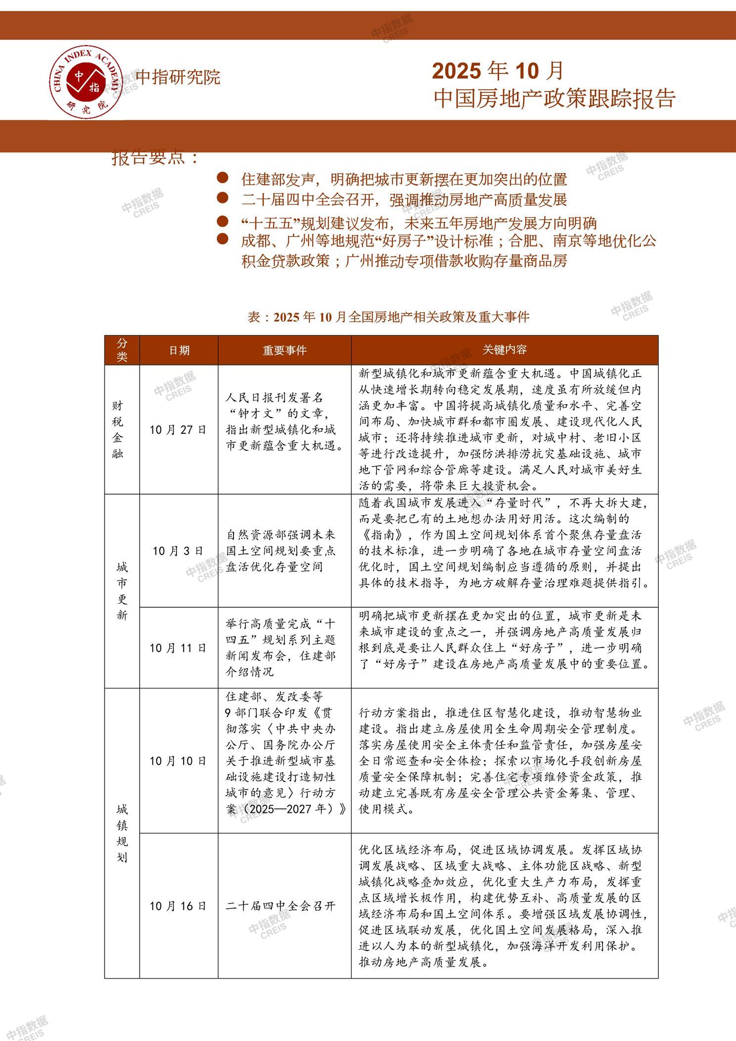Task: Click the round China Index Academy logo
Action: [x=87, y=83]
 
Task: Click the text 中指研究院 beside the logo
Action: [x=178, y=77]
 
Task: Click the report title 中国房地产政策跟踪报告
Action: [x=554, y=98]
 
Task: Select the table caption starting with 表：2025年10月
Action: [x=388, y=317]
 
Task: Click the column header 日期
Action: [x=179, y=350]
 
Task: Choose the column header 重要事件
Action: [x=285, y=350]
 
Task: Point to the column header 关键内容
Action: [x=505, y=350]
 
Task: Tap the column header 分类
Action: [x=122, y=350]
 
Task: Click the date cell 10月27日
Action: [x=178, y=429]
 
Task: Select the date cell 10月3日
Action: [x=178, y=551]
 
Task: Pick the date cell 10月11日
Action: [x=178, y=648]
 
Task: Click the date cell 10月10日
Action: [x=178, y=761]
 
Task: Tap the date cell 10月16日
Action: [x=178, y=906]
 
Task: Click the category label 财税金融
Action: [x=118, y=429]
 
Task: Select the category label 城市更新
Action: [x=122, y=591]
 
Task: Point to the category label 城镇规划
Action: [x=122, y=833]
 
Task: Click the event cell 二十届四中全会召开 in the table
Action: [x=280, y=906]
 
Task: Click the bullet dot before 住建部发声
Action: [x=223, y=178]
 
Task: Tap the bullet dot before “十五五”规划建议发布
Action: [x=223, y=221]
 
